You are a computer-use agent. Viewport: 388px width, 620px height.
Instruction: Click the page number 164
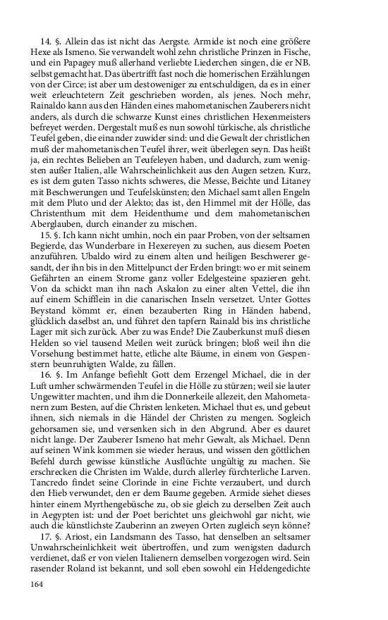tap(40, 584)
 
